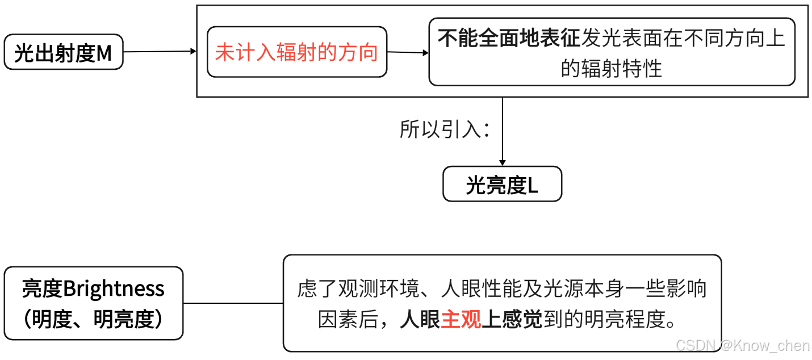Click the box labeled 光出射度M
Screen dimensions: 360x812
[64, 52]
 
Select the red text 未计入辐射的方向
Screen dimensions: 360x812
[296, 52]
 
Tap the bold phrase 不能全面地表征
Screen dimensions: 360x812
[509, 38]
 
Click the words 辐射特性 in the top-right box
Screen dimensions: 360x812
[629, 69]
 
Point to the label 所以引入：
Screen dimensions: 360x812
[445, 130]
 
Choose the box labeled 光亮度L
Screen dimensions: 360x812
[502, 184]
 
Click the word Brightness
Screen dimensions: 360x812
[114, 288]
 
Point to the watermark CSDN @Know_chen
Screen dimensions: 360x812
[743, 345]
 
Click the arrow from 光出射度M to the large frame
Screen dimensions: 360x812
[160, 52]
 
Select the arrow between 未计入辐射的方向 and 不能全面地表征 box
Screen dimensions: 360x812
[408, 52]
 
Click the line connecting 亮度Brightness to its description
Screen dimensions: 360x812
[233, 303]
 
